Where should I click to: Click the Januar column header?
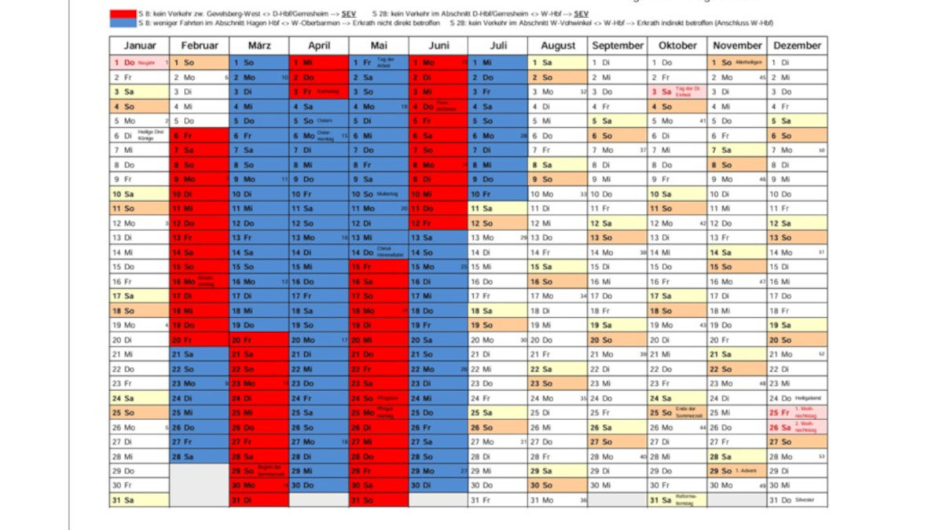click(x=140, y=46)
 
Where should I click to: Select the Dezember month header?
click(x=797, y=46)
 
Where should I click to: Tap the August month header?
click(x=558, y=46)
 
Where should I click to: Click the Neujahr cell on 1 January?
click(x=140, y=63)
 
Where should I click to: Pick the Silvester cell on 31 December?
click(x=797, y=500)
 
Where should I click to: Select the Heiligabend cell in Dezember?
click(x=797, y=398)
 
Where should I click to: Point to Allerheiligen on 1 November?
click(x=737, y=63)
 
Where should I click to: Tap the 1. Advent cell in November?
click(x=737, y=471)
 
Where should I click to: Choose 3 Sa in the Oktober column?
click(x=677, y=92)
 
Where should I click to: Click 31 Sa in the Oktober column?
click(x=677, y=500)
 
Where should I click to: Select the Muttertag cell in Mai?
click(x=379, y=194)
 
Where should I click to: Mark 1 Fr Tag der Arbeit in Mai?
click(x=379, y=63)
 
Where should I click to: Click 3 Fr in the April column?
click(x=319, y=92)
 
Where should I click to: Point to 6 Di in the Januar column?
click(x=140, y=135)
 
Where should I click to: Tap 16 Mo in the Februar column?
click(x=200, y=281)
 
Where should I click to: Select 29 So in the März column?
click(x=259, y=471)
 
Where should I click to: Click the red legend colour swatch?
click(x=123, y=14)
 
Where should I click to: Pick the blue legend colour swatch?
click(x=123, y=24)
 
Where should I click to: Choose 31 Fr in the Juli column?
click(x=498, y=500)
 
